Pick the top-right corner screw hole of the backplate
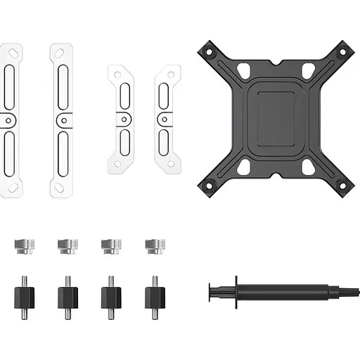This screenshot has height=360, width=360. [x=342, y=52]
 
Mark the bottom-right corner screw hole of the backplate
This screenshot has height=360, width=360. [x=342, y=185]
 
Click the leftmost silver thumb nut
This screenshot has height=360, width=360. [x=21, y=245]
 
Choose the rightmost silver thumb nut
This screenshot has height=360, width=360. [x=153, y=245]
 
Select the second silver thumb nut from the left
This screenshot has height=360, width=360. [x=66, y=245]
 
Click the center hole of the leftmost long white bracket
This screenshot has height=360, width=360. [x=8, y=120]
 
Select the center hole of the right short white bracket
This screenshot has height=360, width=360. [x=164, y=120]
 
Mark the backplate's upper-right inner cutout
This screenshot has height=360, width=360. [x=308, y=70]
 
